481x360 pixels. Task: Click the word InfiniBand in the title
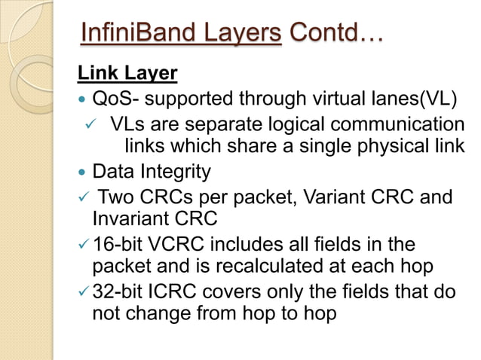pyautogui.click(x=134, y=33)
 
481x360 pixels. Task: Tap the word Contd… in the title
pyautogui.click(x=335, y=33)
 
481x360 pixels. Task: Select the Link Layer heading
pyautogui.click(x=127, y=74)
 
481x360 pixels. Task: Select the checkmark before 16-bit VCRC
pyautogui.click(x=83, y=245)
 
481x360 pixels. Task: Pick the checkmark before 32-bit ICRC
pyautogui.click(x=83, y=292)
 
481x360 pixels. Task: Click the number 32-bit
pyautogui.click(x=116, y=291)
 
